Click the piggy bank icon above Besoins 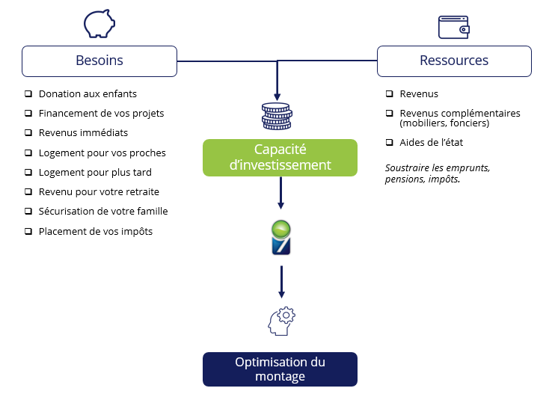pos(99,23)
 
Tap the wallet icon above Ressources pos(453,27)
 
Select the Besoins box pos(99,61)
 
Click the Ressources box pos(454,61)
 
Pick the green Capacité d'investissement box pos(280,157)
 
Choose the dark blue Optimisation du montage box pos(280,369)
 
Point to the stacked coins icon pos(276,117)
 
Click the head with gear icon pos(279,321)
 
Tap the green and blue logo pos(280,238)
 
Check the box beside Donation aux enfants pos(28,94)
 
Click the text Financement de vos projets pos(101,114)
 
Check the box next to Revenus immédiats pos(28,133)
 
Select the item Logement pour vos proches pos(102,153)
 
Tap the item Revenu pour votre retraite pos(99,192)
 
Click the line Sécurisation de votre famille pos(103,212)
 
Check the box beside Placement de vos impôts pos(28,232)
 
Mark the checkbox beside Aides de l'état pos(390,142)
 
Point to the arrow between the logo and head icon pos(281,281)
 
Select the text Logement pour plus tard pos(94,173)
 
